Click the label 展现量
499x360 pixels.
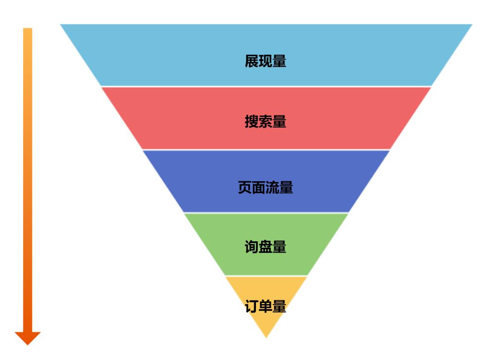[266, 61]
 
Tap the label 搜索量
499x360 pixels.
[266, 122]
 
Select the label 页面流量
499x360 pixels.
[266, 188]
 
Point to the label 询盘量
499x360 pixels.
[266, 247]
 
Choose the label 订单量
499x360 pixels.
[266, 307]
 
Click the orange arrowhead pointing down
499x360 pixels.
[28, 338]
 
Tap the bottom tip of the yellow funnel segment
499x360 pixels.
[266, 336]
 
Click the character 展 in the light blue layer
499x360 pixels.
[252, 61]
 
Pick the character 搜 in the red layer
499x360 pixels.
[252, 122]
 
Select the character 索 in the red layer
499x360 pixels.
[266, 122]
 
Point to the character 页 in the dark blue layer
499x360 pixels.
[245, 188]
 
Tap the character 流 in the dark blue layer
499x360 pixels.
[273, 188]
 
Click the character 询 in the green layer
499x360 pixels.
[252, 247]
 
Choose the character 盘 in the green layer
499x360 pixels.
[266, 247]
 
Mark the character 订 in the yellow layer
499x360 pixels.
[252, 307]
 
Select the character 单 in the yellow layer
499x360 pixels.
[266, 307]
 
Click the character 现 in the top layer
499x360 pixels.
[266, 61]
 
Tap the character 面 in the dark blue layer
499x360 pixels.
[259, 188]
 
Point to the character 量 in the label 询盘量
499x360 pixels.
[280, 247]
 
